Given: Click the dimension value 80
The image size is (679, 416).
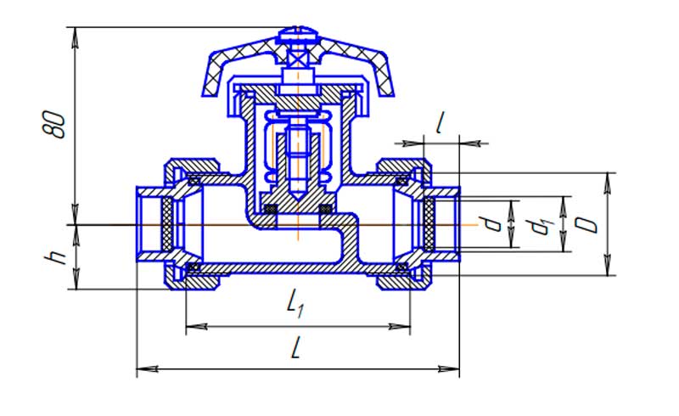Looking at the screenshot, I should tap(56, 123).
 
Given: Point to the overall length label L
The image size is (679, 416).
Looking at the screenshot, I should tap(295, 349).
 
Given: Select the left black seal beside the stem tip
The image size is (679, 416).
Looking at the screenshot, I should tap(272, 209).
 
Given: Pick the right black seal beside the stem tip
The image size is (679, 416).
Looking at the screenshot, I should tap(324, 209).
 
